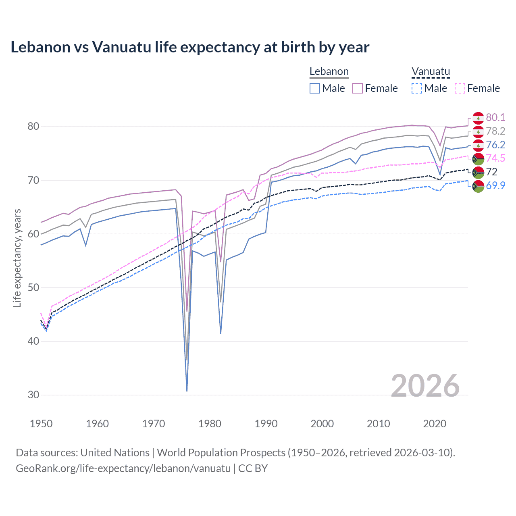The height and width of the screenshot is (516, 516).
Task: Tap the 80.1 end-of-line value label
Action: (x=495, y=117)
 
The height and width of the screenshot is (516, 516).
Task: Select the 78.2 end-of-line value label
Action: (x=495, y=131)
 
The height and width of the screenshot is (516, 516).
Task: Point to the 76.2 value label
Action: (x=495, y=145)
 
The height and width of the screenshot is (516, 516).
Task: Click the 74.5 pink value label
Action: (x=495, y=158)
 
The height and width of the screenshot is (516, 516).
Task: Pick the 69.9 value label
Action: (x=495, y=185)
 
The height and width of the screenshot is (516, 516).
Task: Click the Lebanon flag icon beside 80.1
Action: (x=478, y=118)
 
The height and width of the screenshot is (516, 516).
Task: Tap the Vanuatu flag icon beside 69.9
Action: (x=478, y=186)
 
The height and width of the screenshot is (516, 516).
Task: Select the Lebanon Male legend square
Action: (x=315, y=88)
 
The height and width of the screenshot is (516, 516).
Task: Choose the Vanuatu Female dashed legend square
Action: (x=460, y=88)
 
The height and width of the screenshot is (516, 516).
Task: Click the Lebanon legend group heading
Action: (x=329, y=72)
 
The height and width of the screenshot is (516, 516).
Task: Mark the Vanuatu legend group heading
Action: (x=431, y=72)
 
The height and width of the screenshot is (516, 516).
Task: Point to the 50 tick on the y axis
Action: (x=33, y=287)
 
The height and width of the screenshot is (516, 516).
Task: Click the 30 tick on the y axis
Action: (x=33, y=395)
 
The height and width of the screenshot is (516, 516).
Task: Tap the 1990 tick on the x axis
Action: (x=266, y=424)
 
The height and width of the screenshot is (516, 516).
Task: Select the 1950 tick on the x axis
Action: (x=42, y=424)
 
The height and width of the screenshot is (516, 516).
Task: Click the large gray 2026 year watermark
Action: (x=425, y=386)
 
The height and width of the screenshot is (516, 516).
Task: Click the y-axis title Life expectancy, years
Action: (x=17, y=258)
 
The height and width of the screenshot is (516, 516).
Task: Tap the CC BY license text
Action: (x=253, y=468)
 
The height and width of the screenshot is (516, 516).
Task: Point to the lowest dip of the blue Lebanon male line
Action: (x=187, y=390)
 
